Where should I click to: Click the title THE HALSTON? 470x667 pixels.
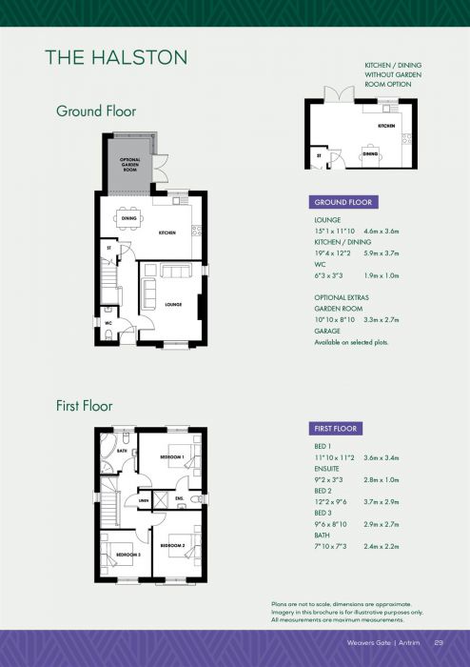pos(115,58)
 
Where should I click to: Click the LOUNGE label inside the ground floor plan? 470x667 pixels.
pos(172,305)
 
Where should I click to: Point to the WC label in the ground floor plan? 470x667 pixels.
pos(110,323)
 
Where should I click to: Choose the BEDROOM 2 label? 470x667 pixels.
pos(172,544)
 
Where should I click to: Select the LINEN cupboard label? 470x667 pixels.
pos(145,500)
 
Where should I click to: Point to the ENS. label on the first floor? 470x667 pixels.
pos(180,497)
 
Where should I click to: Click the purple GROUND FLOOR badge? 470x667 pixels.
pos(345,202)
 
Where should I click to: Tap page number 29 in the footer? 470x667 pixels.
pos(439,642)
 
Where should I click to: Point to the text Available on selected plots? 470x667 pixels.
pos(351,341)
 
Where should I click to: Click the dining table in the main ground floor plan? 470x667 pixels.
pos(130,217)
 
